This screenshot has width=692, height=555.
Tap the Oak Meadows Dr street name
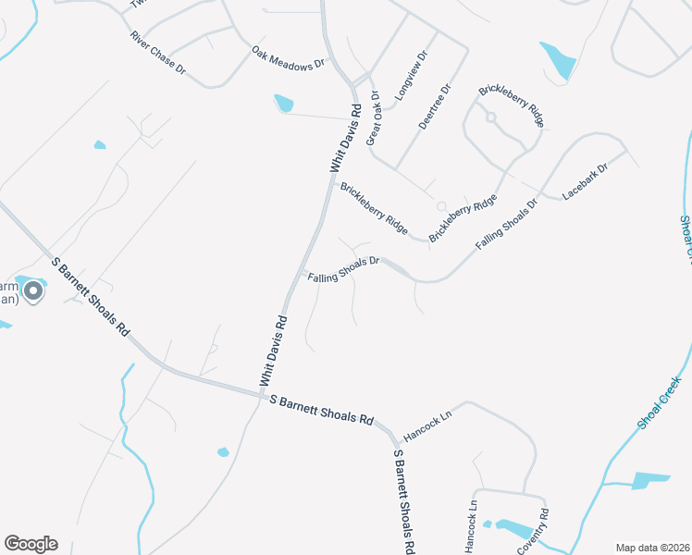pos(290,57)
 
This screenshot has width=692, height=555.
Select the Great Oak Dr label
pos(373,117)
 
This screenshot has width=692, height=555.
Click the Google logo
pos(31,544)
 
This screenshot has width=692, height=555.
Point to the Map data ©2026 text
pos(652,548)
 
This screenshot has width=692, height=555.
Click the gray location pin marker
pos(33,292)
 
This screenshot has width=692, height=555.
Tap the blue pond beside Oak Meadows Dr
pos(283,103)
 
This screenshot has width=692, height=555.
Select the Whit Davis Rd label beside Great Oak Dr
pos(344,139)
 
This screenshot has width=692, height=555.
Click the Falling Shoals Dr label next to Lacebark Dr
pos(506,223)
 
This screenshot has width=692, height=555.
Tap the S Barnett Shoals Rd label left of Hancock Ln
pos(320,409)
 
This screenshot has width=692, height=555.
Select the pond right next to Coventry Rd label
pos(513,528)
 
